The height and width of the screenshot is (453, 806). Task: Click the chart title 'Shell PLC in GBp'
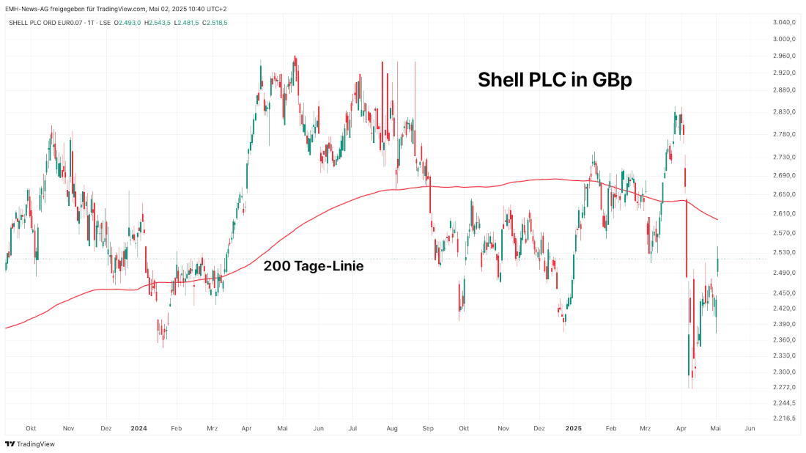click(555, 80)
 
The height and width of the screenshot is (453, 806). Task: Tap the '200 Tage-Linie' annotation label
click(313, 266)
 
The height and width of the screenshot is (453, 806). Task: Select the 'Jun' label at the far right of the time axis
click(750, 428)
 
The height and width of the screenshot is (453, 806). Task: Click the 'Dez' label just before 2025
click(539, 428)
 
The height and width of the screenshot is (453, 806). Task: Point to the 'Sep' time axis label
click(428, 428)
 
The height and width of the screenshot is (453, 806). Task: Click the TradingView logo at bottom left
click(30, 443)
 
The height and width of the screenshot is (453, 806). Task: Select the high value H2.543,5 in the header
click(158, 23)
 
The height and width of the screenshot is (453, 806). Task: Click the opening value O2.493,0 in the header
click(127, 23)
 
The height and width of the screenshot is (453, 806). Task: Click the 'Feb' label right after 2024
click(175, 428)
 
